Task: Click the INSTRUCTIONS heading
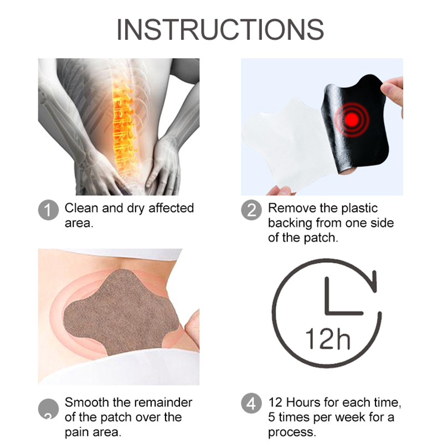coord(220,29)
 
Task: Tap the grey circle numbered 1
coord(48,210)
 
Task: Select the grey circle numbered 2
coord(251,210)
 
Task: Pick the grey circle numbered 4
coord(251,403)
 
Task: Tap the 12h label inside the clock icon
coord(328,339)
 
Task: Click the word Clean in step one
coord(81,208)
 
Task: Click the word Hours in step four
coord(303,403)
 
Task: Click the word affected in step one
coord(171,208)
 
